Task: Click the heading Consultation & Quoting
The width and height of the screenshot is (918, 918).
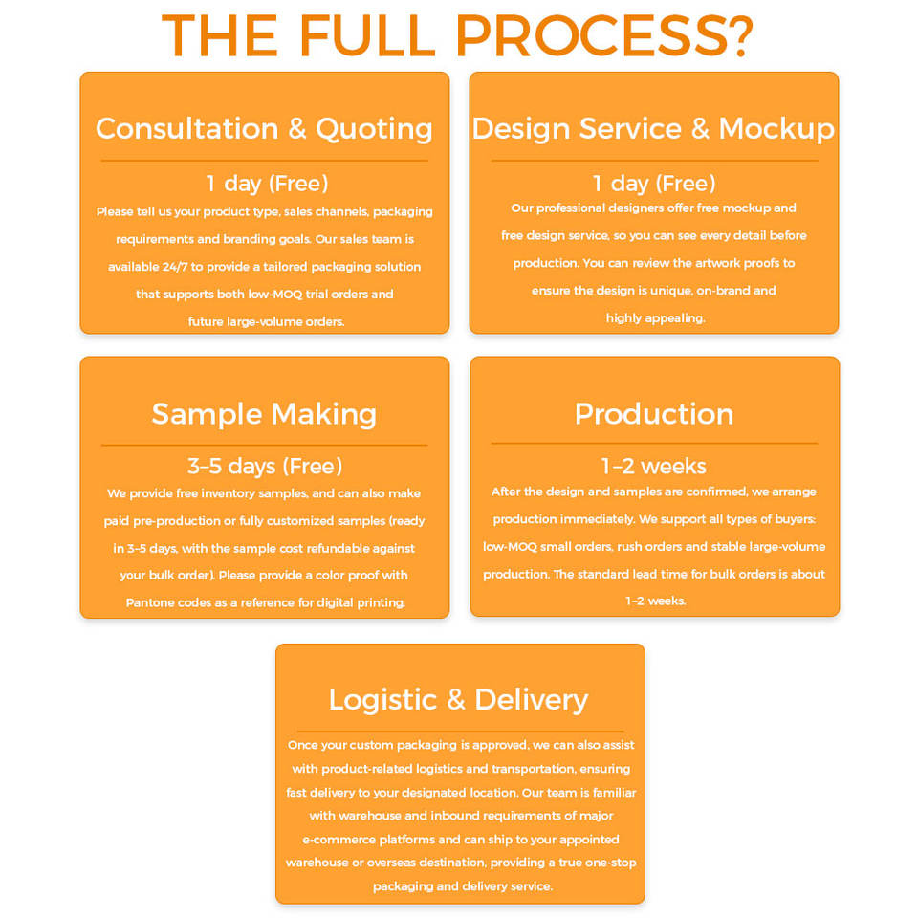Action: (264, 128)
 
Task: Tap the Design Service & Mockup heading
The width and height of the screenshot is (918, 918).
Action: (653, 128)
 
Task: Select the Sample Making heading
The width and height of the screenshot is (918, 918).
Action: (264, 414)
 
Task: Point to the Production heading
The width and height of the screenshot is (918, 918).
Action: (654, 414)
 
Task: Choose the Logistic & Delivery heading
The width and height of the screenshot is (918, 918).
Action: (458, 699)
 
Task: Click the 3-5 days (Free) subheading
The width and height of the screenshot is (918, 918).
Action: (265, 467)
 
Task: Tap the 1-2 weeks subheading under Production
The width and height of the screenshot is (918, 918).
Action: (654, 467)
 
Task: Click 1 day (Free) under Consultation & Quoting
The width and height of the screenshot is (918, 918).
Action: (268, 184)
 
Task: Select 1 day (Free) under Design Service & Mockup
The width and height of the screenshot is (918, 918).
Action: (654, 184)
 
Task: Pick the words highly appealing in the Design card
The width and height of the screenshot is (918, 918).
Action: (655, 318)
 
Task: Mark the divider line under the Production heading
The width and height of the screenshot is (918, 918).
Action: (654, 444)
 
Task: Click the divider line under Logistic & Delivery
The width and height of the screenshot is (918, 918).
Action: (460, 732)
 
